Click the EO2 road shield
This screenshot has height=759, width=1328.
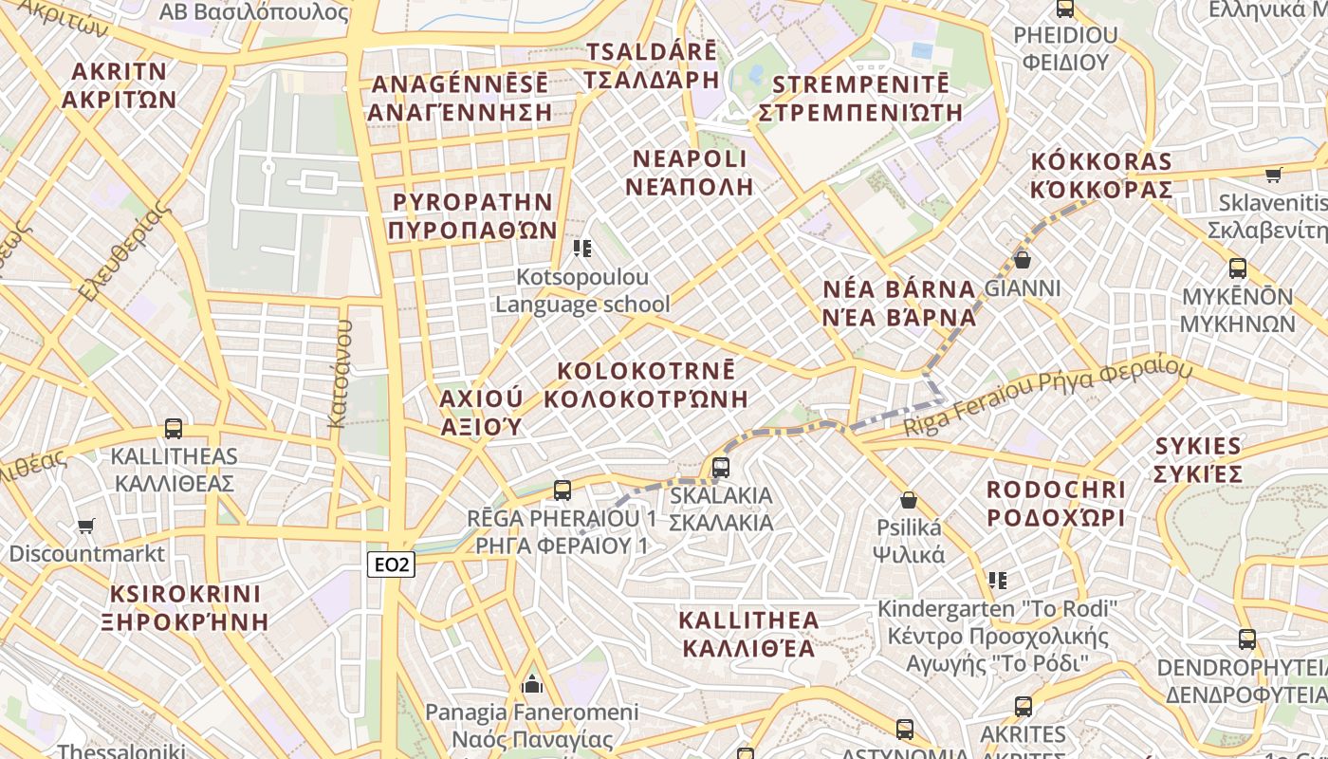coord(392,565)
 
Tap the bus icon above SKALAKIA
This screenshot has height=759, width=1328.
coord(721,467)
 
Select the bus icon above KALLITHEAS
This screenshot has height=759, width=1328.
coord(174,428)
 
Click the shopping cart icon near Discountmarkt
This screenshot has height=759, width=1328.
coord(86,526)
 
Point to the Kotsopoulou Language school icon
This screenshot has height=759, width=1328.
coord(582,249)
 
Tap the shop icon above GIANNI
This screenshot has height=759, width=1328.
coord(1023,259)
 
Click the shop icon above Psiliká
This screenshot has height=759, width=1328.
coord(909,500)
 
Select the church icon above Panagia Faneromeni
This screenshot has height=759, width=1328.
coord(532,683)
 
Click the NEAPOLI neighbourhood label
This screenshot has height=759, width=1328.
coord(690,172)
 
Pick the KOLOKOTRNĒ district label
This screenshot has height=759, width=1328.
coord(646,384)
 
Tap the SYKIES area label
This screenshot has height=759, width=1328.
coord(1198,459)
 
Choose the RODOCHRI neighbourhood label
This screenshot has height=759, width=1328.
coord(1055,504)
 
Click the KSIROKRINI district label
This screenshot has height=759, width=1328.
coord(185,608)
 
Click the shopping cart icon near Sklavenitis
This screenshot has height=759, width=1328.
coord(1273,175)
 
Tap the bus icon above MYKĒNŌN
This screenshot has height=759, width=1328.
coord(1238,268)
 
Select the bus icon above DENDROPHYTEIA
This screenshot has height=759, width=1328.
coord(1247,639)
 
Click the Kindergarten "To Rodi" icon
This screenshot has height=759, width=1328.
coord(997,580)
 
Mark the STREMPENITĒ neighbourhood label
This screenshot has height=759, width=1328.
coord(860,98)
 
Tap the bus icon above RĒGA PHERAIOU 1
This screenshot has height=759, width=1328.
coord(563,491)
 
